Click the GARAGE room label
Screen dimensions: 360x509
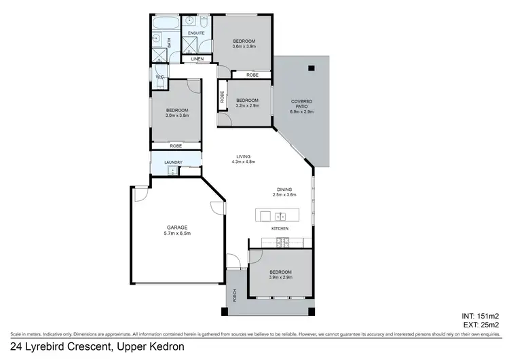[x=177, y=227]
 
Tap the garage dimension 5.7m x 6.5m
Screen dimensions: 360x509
[x=177, y=234]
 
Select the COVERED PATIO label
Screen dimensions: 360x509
[x=301, y=105]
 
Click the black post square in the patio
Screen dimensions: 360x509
[x=311, y=67]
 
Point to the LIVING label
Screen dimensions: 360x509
[x=243, y=156]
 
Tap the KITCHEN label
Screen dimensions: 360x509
[x=280, y=228]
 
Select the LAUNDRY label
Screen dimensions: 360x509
[x=174, y=162]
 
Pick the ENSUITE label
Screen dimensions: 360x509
[x=196, y=33]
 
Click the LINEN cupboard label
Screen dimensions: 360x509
[x=197, y=60]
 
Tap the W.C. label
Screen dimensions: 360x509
[x=159, y=77]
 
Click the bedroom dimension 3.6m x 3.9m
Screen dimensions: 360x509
[x=243, y=47]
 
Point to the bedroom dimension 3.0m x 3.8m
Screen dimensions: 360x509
[x=176, y=115]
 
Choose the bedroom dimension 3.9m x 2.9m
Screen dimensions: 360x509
[x=280, y=278]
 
